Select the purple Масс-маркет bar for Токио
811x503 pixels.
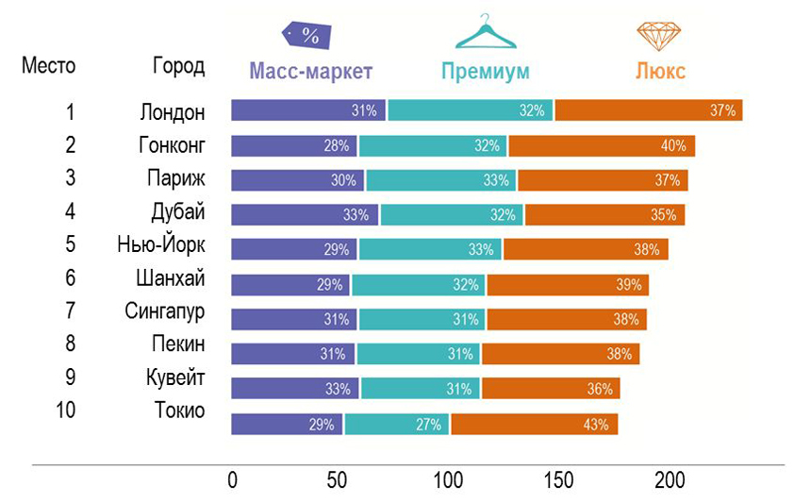(287, 425)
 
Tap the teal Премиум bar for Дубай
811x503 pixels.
(452, 215)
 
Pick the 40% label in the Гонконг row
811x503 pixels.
(672, 146)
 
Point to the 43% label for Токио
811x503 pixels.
(595, 425)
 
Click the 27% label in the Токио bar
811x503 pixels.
(429, 425)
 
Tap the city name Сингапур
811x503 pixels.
(165, 311)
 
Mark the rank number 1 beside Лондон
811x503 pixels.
(70, 112)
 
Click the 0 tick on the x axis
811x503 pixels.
(233, 479)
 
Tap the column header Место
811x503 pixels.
(49, 66)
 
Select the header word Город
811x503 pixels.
(178, 66)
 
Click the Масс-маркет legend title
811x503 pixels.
(311, 72)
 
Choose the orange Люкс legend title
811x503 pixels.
(660, 72)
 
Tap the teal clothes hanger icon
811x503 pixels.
(487, 32)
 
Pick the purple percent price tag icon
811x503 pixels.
(306, 35)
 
